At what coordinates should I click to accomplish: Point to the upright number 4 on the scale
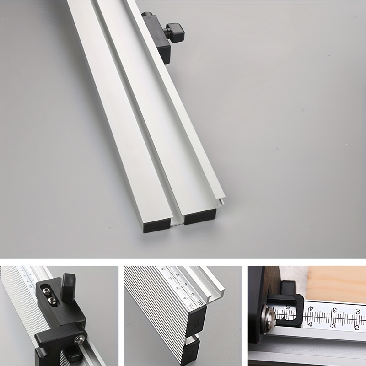click(x=310, y=324)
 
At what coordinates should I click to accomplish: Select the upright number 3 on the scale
click(x=333, y=326)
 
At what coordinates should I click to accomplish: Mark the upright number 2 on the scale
click(x=356, y=327)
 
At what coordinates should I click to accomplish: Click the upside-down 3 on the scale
click(x=334, y=311)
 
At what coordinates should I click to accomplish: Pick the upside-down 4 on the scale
click(x=312, y=309)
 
